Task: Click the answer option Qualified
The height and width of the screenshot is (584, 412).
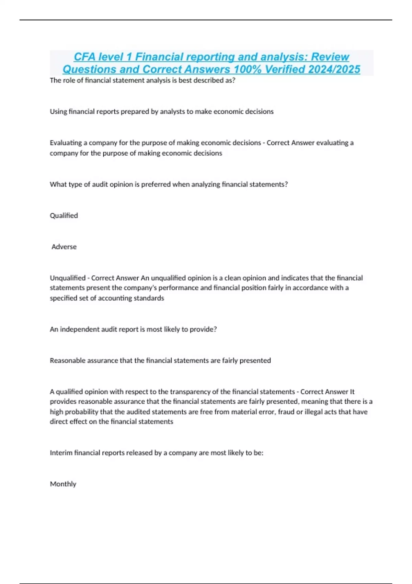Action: (x=64, y=215)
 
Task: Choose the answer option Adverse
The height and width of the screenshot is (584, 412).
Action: (x=64, y=247)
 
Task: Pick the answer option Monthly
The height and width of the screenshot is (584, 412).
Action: (x=63, y=484)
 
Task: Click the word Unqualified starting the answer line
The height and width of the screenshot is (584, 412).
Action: (x=68, y=278)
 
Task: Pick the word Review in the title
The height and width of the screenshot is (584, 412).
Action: (x=330, y=57)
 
